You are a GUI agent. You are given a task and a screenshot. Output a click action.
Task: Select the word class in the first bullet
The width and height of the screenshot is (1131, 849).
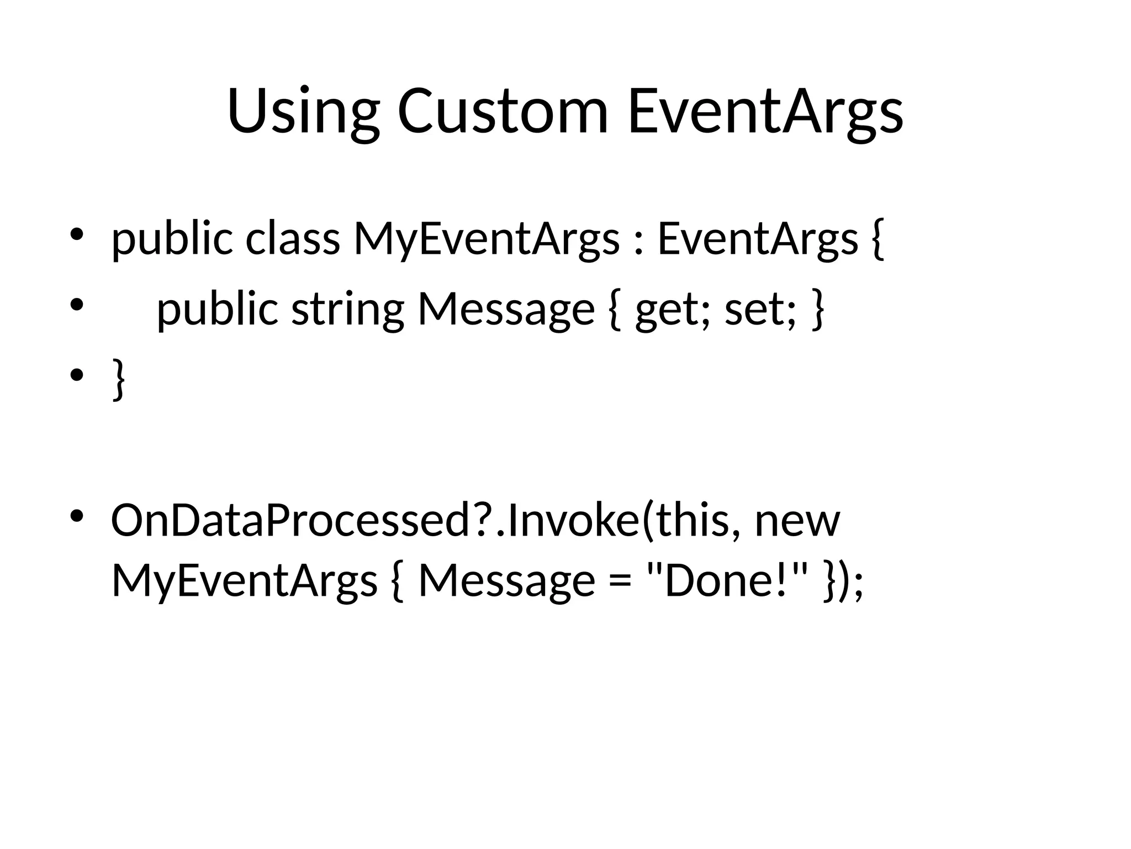[292, 239]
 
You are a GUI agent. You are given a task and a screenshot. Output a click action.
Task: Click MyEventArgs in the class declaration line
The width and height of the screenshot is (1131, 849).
[486, 239]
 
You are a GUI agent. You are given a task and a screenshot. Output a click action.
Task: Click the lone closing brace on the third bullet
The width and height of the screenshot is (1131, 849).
[118, 379]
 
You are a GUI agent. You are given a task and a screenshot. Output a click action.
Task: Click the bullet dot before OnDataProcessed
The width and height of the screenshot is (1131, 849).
[76, 516]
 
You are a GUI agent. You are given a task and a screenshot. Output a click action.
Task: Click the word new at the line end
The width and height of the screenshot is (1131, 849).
[797, 521]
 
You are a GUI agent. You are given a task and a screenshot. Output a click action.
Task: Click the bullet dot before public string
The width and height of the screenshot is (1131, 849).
[76, 305]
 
